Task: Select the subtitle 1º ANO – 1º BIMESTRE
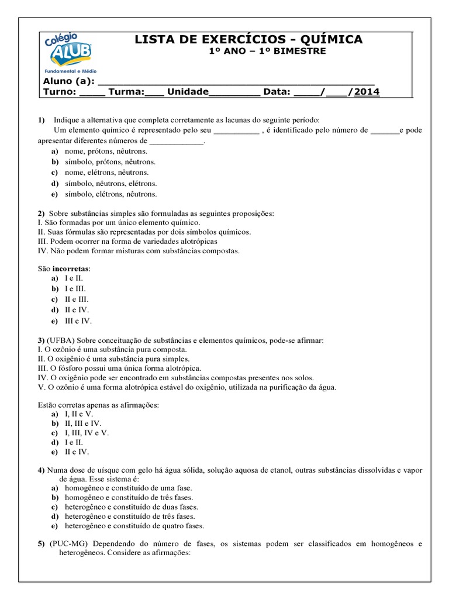(x=267, y=51)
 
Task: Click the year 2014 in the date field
(x=367, y=92)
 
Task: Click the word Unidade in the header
(x=188, y=92)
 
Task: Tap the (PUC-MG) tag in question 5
(x=71, y=543)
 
